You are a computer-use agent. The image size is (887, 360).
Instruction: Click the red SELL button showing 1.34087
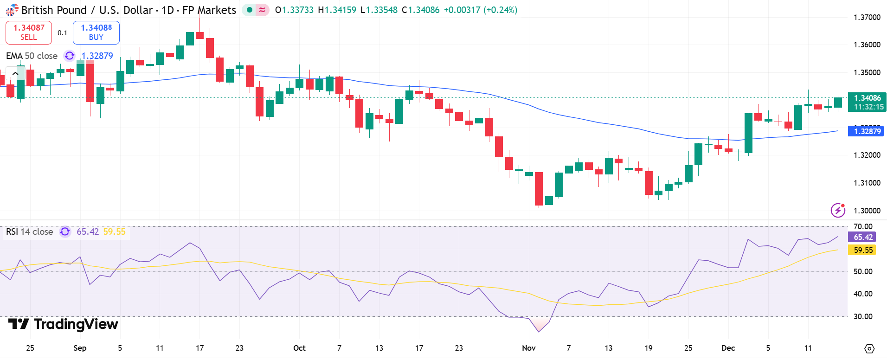pyautogui.click(x=29, y=32)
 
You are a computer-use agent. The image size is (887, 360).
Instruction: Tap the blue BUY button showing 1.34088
pyautogui.click(x=96, y=32)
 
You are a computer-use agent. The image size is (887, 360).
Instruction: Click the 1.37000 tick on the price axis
pyautogui.click(x=867, y=18)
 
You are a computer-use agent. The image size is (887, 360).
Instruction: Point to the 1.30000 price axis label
pyautogui.click(x=867, y=211)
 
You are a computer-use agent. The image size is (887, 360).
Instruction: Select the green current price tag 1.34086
pyautogui.click(x=867, y=98)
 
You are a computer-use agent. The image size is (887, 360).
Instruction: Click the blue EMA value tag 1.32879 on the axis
pyautogui.click(x=867, y=131)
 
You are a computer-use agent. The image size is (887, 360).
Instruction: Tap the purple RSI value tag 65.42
pyautogui.click(x=863, y=237)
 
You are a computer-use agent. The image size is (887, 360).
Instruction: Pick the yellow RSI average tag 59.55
pyautogui.click(x=863, y=250)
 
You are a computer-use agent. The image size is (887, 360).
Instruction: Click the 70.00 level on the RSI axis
pyautogui.click(x=863, y=227)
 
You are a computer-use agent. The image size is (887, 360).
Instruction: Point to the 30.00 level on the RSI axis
pyautogui.click(x=863, y=316)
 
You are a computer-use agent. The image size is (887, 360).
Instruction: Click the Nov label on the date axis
pyautogui.click(x=528, y=348)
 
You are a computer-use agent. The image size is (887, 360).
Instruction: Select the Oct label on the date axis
pyautogui.click(x=299, y=348)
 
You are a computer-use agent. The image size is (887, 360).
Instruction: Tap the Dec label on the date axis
pyautogui.click(x=728, y=348)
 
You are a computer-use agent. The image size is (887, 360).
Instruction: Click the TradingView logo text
pyautogui.click(x=64, y=324)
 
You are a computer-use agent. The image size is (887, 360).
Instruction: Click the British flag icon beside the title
pyautogui.click(x=12, y=10)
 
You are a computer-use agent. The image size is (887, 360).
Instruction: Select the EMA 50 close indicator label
pyautogui.click(x=32, y=56)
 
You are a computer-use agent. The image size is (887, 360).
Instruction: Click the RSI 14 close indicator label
pyautogui.click(x=29, y=231)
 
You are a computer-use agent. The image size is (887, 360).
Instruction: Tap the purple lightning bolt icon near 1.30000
pyautogui.click(x=837, y=210)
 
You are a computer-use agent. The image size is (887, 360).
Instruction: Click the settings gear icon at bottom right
pyautogui.click(x=869, y=348)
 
